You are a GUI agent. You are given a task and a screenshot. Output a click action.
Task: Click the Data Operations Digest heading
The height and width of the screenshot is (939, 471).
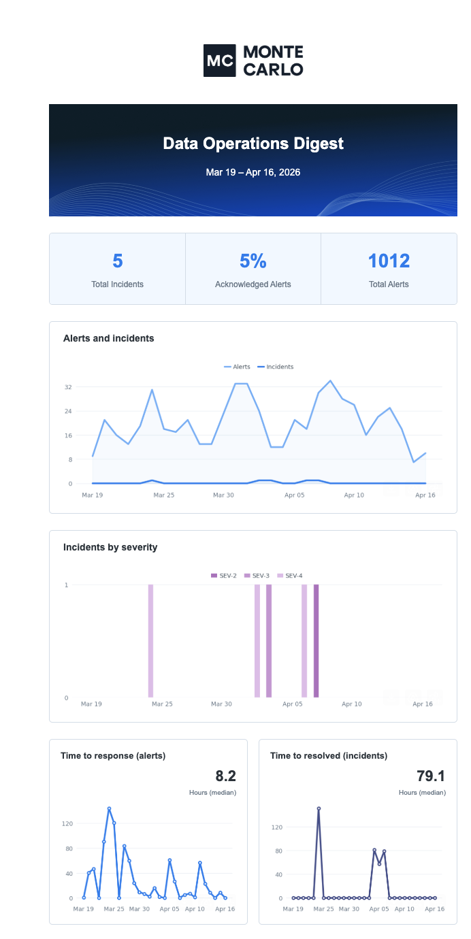coord(253,144)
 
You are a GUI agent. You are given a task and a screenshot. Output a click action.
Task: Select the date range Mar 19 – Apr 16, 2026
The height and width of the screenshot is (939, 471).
coord(253,173)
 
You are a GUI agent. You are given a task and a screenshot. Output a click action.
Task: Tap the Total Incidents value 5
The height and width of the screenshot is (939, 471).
coord(118,261)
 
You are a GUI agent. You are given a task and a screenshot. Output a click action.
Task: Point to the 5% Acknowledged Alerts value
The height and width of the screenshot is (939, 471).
coord(253,261)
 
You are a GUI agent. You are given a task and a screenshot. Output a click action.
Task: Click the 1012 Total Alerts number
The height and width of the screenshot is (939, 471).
coord(389,261)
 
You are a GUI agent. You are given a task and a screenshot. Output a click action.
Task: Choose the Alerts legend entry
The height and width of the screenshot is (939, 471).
coord(238,367)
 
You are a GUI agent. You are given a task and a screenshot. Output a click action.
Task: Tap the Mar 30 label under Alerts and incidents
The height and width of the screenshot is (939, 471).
coord(223,495)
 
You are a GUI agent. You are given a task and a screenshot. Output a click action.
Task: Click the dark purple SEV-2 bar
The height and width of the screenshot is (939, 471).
coord(316,640)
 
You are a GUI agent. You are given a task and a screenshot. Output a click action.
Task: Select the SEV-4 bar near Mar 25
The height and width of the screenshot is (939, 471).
coord(150,640)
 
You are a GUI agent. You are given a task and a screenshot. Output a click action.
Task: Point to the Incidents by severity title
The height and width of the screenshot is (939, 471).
coord(110,547)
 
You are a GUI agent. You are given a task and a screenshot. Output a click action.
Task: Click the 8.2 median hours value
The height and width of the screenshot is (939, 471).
coord(225,776)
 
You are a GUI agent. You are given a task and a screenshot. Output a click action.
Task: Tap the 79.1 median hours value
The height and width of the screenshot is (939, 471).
coord(432,776)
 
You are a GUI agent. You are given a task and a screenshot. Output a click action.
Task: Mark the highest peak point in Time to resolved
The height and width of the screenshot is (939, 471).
coord(319,809)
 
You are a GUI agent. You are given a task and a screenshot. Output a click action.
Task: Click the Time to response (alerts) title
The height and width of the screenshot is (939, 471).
coord(113,755)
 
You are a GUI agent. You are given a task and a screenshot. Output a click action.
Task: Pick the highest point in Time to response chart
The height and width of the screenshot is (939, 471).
coord(109,809)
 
